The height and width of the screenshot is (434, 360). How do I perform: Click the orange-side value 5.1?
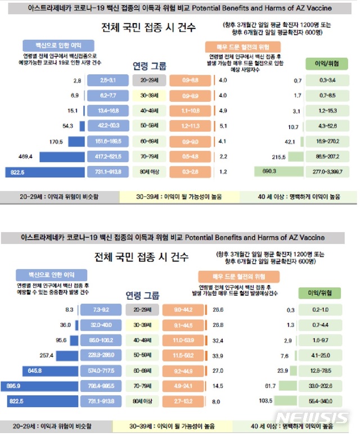click(222, 126)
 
